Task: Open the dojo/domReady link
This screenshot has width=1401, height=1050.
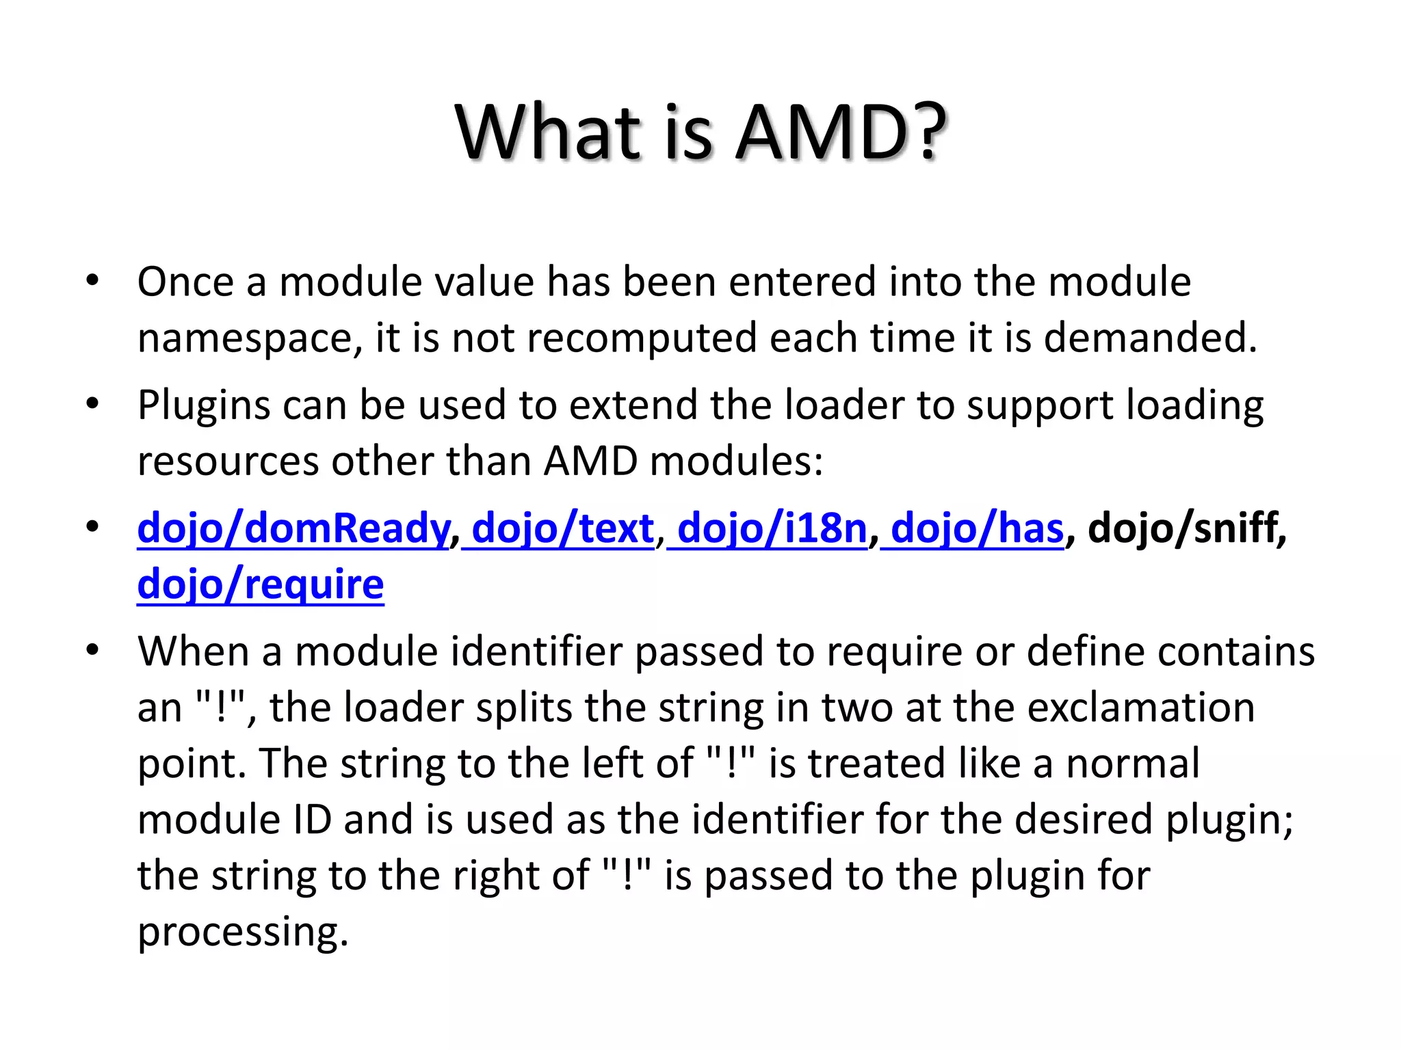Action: (293, 528)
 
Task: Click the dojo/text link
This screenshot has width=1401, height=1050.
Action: (563, 528)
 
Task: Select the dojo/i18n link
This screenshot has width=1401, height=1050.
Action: (772, 528)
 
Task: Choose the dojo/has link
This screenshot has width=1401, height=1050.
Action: (978, 528)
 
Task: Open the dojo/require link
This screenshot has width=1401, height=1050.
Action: (261, 584)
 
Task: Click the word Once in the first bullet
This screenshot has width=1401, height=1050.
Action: (185, 282)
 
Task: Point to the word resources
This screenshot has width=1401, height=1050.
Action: (228, 462)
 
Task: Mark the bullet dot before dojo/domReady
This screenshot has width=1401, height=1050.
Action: (92, 527)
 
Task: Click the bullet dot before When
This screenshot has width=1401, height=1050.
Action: (92, 649)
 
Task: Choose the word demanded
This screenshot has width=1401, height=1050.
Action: (1150, 338)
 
